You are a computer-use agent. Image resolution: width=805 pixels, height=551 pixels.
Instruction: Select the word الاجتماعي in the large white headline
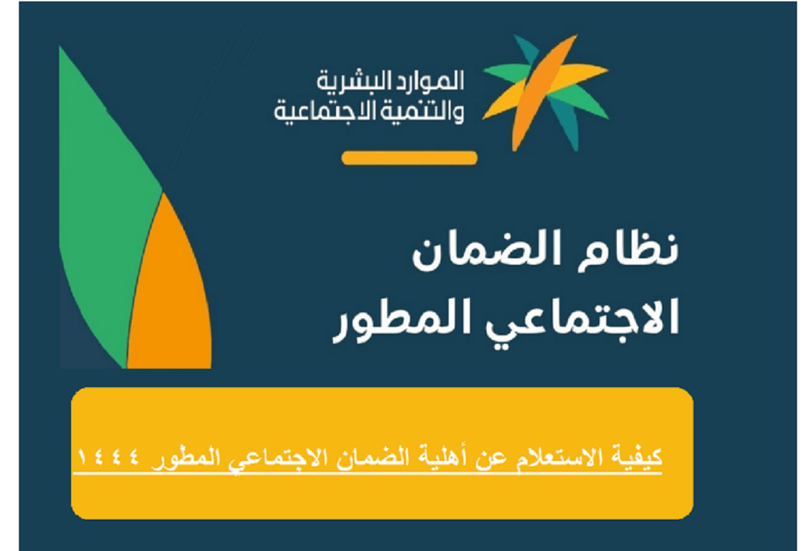tap(583, 318)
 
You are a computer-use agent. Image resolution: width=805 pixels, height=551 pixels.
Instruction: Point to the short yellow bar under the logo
tap(409, 157)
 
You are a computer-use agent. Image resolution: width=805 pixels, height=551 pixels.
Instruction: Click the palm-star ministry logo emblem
tap(545, 93)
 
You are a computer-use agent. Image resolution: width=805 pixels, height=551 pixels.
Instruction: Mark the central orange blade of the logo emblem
tap(544, 93)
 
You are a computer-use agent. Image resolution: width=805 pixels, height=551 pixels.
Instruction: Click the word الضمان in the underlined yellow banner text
tap(374, 457)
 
